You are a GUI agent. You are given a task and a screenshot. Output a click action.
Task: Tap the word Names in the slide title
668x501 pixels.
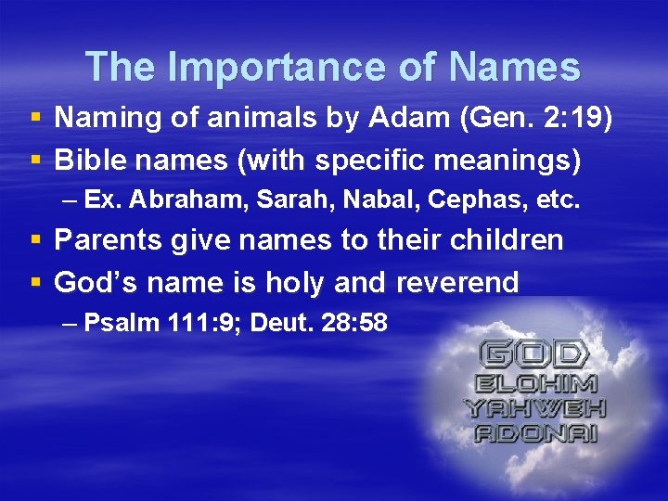point(516,67)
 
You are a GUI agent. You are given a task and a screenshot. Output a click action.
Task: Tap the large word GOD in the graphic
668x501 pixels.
point(533,353)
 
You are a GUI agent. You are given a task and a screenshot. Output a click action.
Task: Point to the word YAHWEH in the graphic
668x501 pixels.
point(534,408)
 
